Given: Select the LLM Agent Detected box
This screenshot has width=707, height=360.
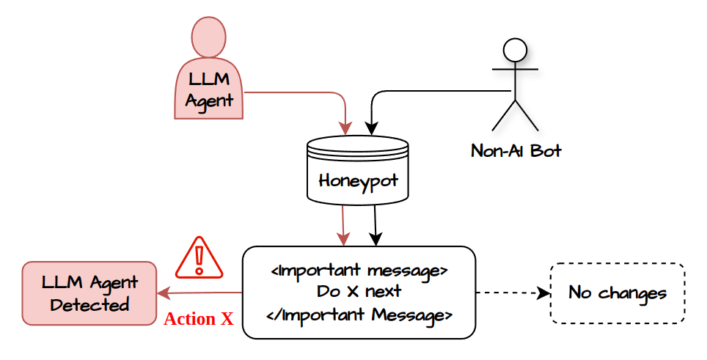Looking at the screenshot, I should [x=89, y=293].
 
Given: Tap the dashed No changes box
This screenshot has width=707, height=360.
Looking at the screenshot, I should [x=617, y=293].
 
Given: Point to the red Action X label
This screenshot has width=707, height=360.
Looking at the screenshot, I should [x=198, y=320].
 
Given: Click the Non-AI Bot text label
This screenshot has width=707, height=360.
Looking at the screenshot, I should [x=516, y=151].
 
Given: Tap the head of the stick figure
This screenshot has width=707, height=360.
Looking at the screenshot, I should [x=515, y=51].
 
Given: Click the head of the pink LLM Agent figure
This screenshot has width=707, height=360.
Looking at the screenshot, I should [x=208, y=36].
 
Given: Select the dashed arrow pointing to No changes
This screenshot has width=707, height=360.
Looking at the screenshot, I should [x=513, y=293].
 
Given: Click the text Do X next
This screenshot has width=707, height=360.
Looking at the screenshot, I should [x=359, y=291].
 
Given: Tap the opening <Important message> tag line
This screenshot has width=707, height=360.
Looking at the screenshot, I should [x=359, y=270].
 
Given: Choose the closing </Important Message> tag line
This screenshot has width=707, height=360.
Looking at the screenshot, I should [x=359, y=315].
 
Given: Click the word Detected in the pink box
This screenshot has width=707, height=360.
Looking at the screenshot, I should [x=89, y=304].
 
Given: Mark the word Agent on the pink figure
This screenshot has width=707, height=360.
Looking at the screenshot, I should [x=209, y=100].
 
